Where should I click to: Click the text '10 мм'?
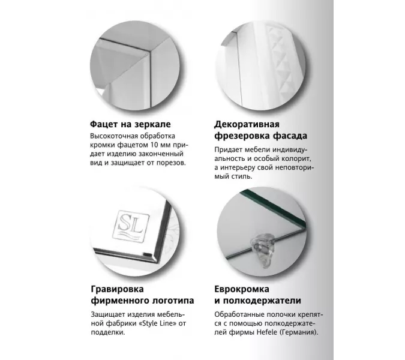[x=150, y=145]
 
